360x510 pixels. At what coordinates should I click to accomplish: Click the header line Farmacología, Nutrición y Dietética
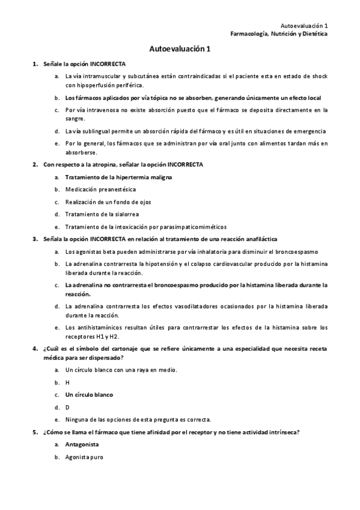click(x=279, y=34)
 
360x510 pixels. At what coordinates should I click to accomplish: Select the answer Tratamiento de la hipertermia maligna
click(x=118, y=177)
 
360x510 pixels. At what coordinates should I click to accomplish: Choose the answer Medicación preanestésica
click(x=100, y=189)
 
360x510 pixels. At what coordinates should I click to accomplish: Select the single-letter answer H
click(x=67, y=382)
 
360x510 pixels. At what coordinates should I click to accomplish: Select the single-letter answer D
click(x=67, y=407)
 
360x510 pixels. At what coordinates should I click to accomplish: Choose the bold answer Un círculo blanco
click(x=89, y=395)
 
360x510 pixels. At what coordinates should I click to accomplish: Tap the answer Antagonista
click(x=82, y=444)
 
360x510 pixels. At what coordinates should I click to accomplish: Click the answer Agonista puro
click(x=84, y=457)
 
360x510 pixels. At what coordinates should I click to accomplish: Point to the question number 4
click(x=35, y=348)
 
